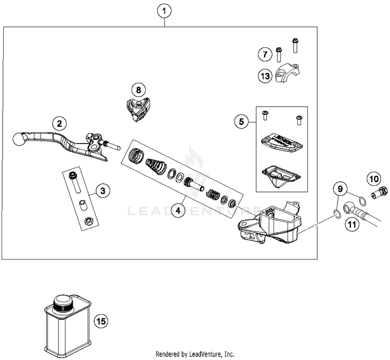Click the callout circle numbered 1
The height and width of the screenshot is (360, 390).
coord(164,10)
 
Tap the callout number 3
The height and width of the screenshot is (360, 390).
coord(103,191)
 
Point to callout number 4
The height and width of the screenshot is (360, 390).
coord(178,210)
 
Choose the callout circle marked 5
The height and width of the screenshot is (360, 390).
coord(241,122)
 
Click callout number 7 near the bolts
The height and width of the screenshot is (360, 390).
coord(264,54)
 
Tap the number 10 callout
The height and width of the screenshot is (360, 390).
coord(374,178)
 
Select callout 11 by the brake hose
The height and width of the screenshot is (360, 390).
coord(352,225)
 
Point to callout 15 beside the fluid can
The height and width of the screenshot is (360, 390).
coord(101,322)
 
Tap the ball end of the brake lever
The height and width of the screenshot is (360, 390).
coord(19,139)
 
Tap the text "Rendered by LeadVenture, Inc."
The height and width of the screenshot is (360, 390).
coord(194,354)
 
